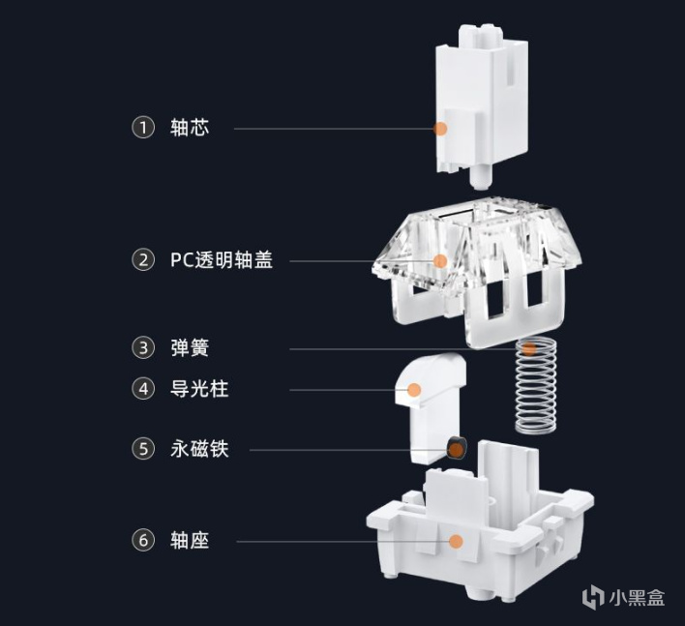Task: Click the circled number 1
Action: point(143,128)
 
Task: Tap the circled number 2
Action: point(143,259)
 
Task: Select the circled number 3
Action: point(143,347)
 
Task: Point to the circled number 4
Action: point(143,389)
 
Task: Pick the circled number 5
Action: point(143,449)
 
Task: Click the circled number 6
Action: point(143,540)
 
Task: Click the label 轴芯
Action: point(189,128)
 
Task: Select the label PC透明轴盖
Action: point(221,259)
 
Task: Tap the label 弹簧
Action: point(189,347)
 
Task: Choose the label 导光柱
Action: point(198,389)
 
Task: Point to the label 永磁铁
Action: point(198,449)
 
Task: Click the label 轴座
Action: point(189,540)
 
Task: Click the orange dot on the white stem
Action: point(440,128)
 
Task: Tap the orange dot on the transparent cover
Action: point(440,260)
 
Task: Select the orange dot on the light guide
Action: point(414,390)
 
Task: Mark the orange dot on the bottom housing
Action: point(456,542)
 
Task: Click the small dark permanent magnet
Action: point(455,448)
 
